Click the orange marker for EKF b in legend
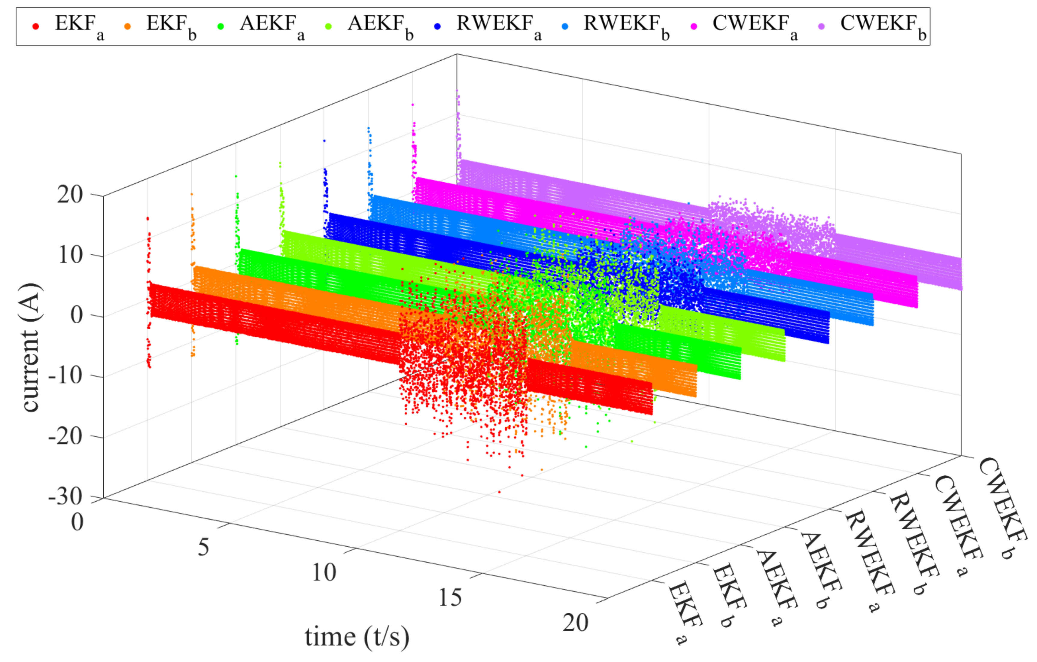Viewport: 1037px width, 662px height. (127, 26)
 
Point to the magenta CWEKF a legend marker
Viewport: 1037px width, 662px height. (694, 26)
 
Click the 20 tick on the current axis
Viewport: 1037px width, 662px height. (70, 195)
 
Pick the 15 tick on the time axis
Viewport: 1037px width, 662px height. (450, 598)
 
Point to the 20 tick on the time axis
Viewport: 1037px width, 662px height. (575, 623)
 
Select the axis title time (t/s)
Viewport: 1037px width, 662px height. (357, 637)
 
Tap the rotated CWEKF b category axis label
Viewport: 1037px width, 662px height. (1003, 508)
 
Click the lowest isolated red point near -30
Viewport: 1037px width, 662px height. (499, 492)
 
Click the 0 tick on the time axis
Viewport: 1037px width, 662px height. (78, 522)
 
